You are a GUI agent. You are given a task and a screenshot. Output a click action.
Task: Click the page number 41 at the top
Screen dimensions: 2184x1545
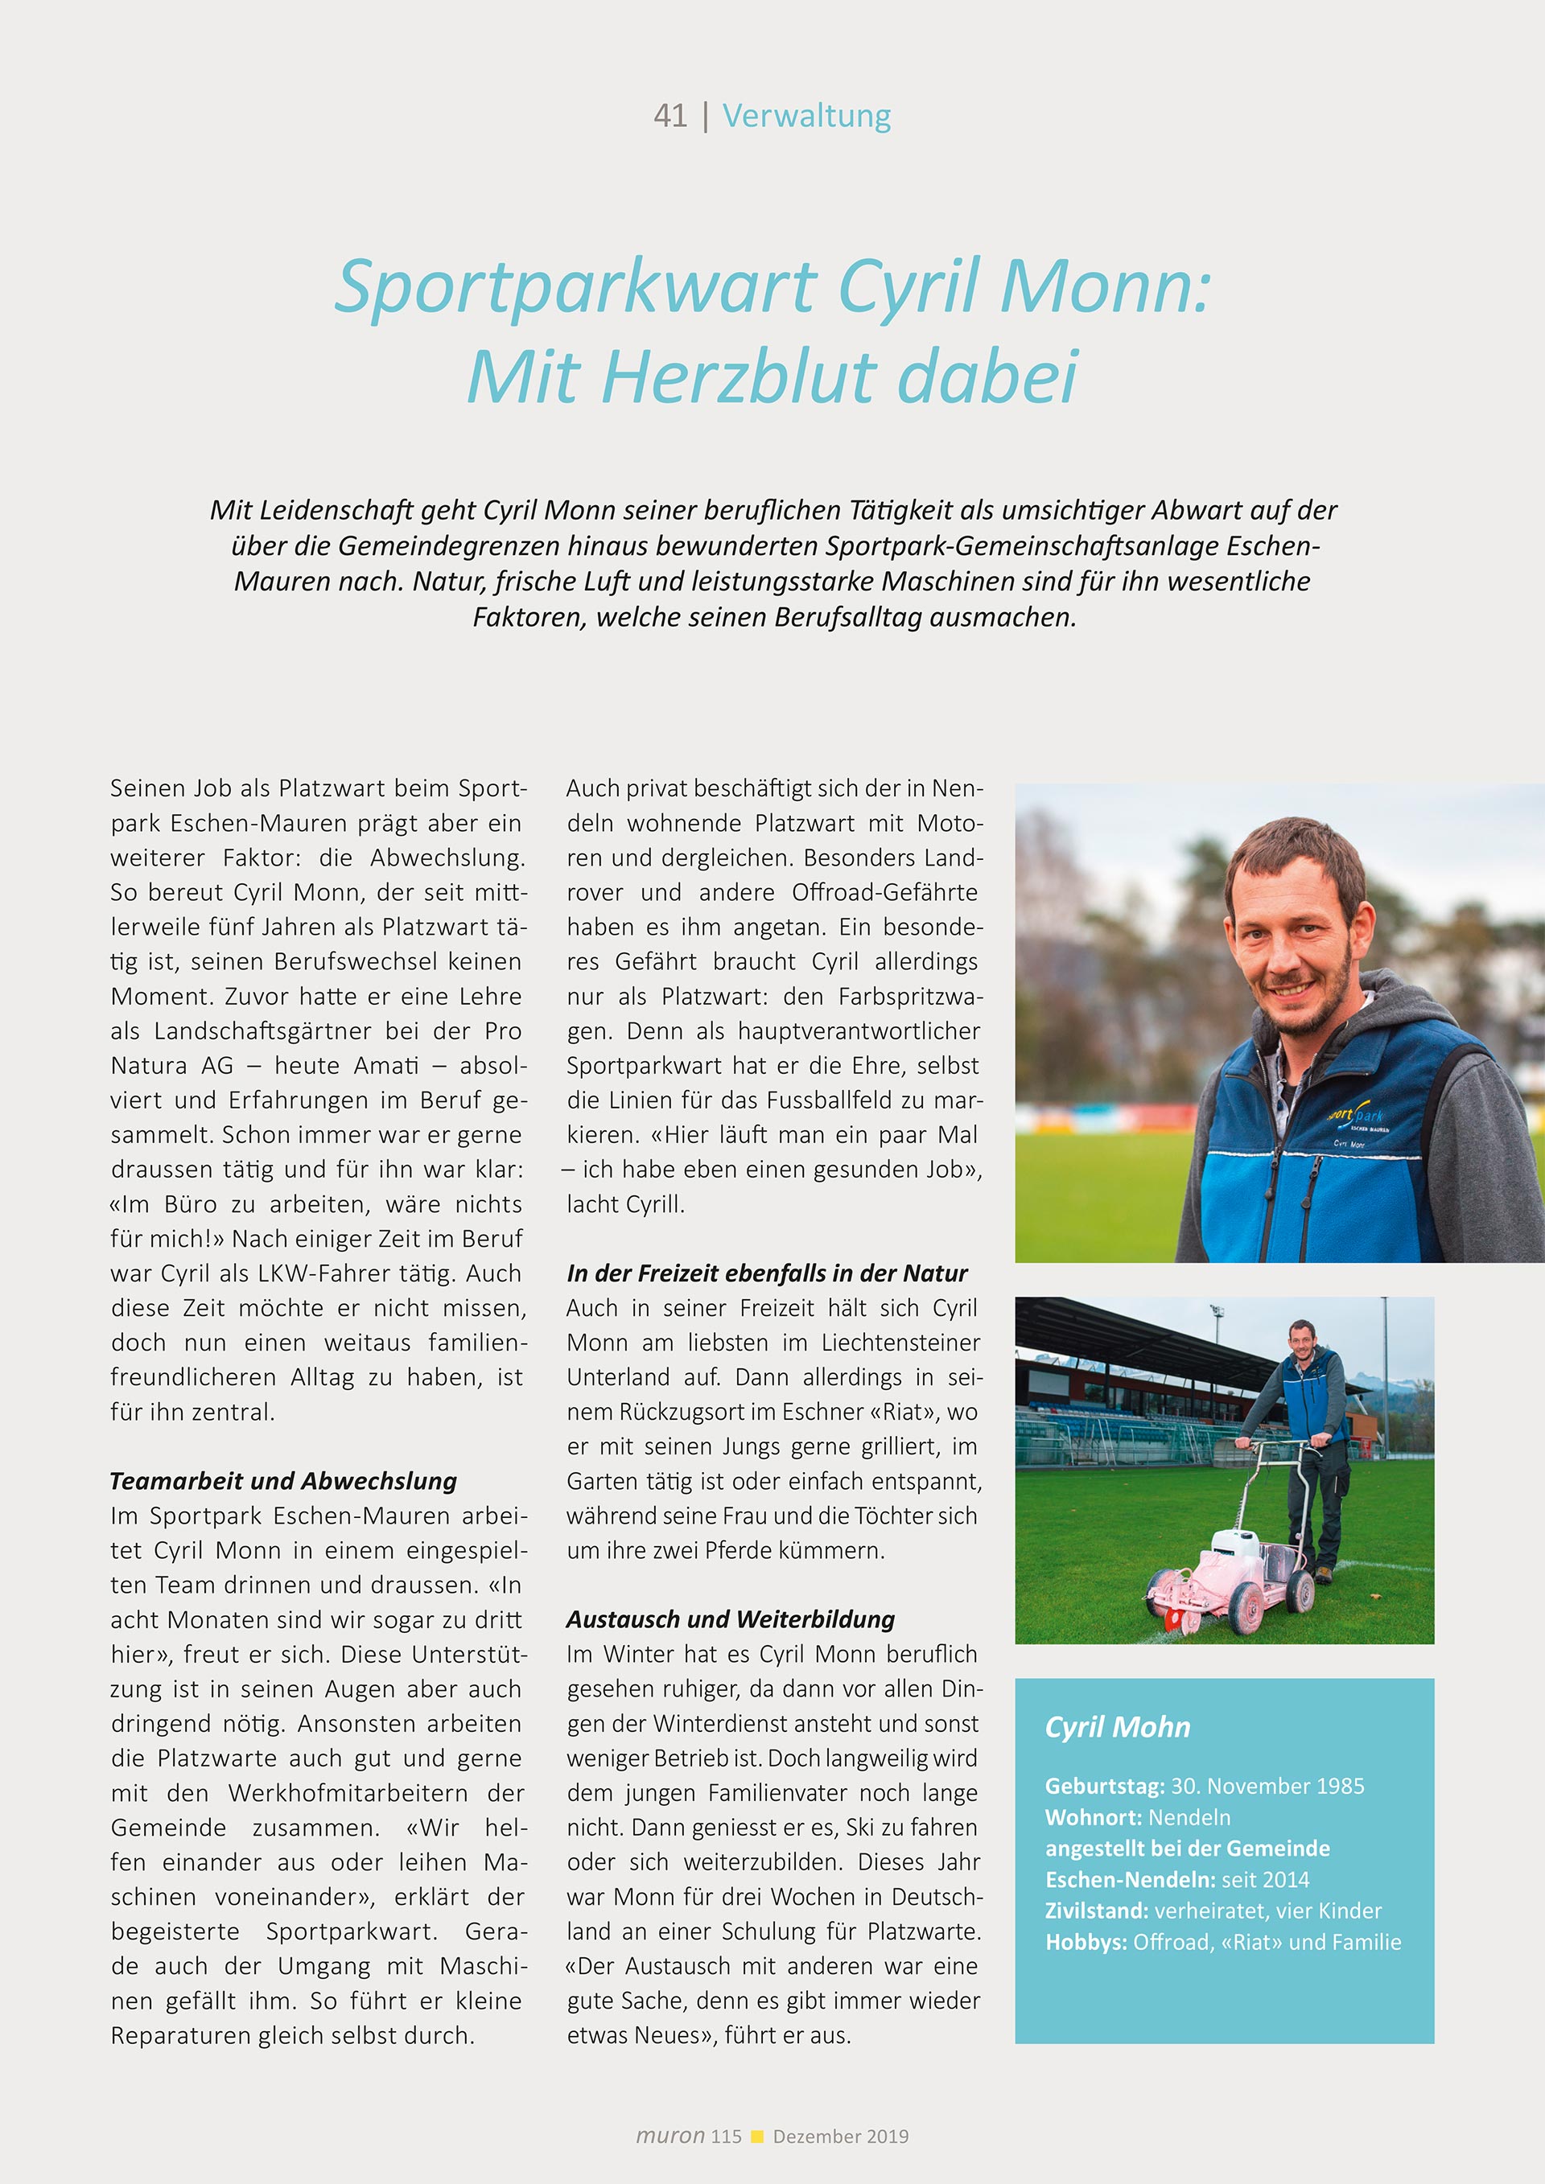click(669, 116)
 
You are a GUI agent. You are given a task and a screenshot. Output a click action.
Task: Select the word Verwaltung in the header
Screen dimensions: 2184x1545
click(805, 116)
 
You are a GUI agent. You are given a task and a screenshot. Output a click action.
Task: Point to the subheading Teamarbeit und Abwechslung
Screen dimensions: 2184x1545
click(283, 1481)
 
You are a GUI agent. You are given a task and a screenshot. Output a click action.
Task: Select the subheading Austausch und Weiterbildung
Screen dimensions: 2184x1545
click(731, 1619)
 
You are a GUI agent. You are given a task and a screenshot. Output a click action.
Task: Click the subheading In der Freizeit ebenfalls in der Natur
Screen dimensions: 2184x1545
click(767, 1273)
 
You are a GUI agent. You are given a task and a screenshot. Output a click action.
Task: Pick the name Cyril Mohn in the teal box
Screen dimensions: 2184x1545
click(1117, 1726)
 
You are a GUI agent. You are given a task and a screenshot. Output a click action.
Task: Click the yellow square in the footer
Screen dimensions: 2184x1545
click(757, 2137)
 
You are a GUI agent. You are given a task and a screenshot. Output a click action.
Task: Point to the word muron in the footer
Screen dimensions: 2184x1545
click(669, 2136)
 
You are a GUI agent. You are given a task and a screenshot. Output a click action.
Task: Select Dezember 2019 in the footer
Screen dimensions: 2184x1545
click(840, 2137)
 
